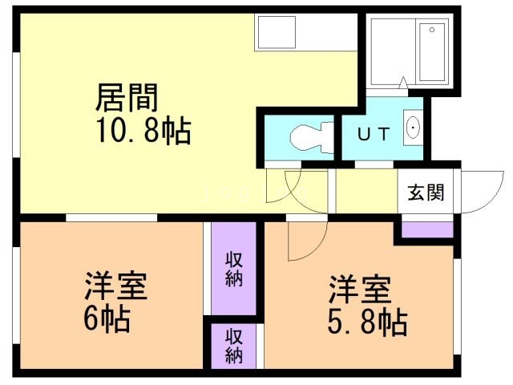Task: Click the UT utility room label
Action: click(x=374, y=134)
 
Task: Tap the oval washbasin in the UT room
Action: click(x=413, y=128)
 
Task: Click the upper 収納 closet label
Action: click(x=233, y=269)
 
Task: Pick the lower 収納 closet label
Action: click(x=233, y=344)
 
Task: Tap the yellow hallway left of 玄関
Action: click(x=365, y=192)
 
